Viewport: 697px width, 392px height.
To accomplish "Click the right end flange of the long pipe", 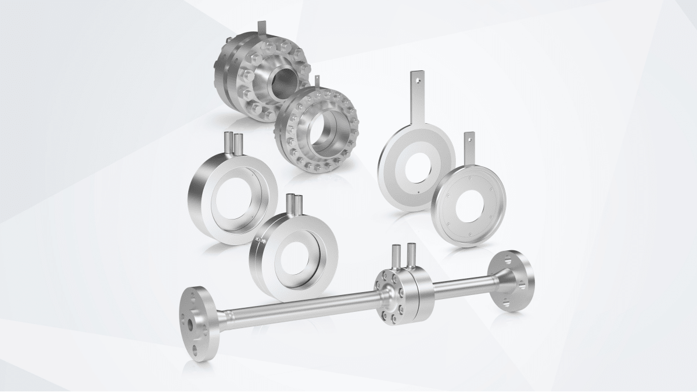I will pyautogui.click(x=512, y=282).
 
